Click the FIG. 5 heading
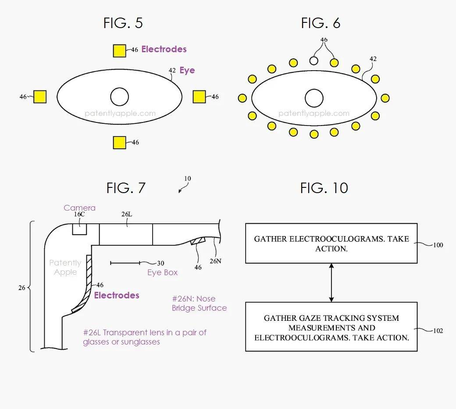[x=123, y=23]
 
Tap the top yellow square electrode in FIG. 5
[x=120, y=50]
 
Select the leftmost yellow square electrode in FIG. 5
[x=40, y=97]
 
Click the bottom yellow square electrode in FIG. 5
[x=120, y=143]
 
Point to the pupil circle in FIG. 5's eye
[x=119, y=97]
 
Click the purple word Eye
[x=187, y=71]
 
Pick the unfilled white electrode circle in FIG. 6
[x=314, y=60]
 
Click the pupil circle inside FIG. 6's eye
[x=314, y=98]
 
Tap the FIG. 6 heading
[x=321, y=23]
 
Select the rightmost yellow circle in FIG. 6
[x=385, y=98]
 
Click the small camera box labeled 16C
[x=79, y=229]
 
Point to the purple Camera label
[x=79, y=208]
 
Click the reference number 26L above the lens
[x=126, y=214]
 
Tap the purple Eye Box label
[x=162, y=273]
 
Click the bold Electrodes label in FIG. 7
[x=117, y=295]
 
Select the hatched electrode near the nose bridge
[x=198, y=240]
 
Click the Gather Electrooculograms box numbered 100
[x=331, y=244]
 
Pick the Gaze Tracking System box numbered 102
[x=331, y=326]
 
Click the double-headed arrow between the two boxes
[x=331, y=283]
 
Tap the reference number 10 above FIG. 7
[x=187, y=179]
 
